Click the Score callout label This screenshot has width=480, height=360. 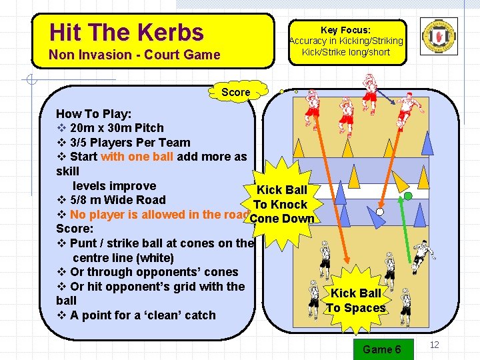pos(236,92)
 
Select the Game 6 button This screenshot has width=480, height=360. pos(381,349)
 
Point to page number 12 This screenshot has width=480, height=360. pos(435,345)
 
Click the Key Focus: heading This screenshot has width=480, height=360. pos(345,30)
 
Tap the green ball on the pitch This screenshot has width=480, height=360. pos(408,196)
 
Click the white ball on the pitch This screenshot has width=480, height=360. pos(380,212)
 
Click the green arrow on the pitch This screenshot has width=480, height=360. pos(403,227)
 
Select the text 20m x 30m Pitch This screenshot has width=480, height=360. pos(116,128)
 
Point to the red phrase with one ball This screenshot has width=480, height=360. pos(137,157)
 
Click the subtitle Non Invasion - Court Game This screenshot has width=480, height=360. pos(135,55)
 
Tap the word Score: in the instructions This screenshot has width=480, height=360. pos(75,229)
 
